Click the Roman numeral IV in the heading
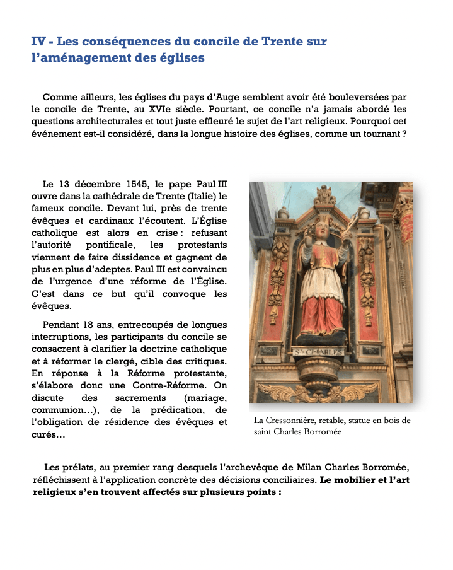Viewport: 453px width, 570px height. (x=38, y=42)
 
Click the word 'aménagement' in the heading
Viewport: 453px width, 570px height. (x=75, y=58)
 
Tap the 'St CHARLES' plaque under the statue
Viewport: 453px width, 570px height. (x=319, y=351)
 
